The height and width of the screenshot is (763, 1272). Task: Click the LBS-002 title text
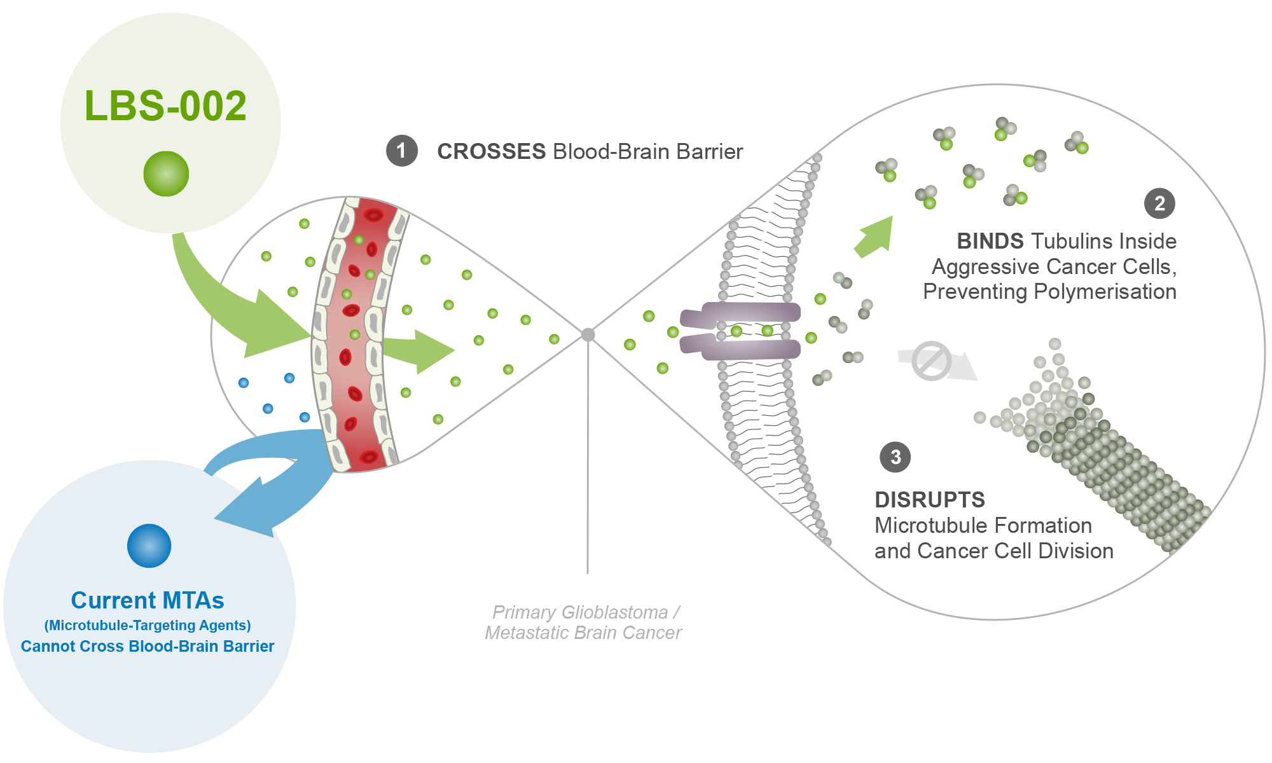tap(165, 106)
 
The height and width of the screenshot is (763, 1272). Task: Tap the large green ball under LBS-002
tap(166, 174)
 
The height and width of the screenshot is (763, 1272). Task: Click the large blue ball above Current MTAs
tap(149, 546)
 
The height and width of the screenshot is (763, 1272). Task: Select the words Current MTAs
tap(148, 600)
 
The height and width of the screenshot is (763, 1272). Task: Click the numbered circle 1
tap(401, 151)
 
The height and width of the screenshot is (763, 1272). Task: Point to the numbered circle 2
tap(1159, 203)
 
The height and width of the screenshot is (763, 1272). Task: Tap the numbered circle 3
tap(895, 457)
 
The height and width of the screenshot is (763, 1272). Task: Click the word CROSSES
tap(491, 151)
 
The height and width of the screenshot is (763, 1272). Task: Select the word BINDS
tap(990, 241)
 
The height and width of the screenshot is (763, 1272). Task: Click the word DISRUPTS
tap(929, 500)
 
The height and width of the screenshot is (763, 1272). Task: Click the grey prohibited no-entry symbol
tap(931, 361)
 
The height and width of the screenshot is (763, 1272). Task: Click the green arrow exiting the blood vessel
tap(420, 350)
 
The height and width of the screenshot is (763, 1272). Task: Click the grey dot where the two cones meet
tap(588, 334)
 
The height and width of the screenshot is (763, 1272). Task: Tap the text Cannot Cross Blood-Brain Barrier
tap(148, 646)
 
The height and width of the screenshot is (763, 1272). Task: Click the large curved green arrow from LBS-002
tap(235, 305)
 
